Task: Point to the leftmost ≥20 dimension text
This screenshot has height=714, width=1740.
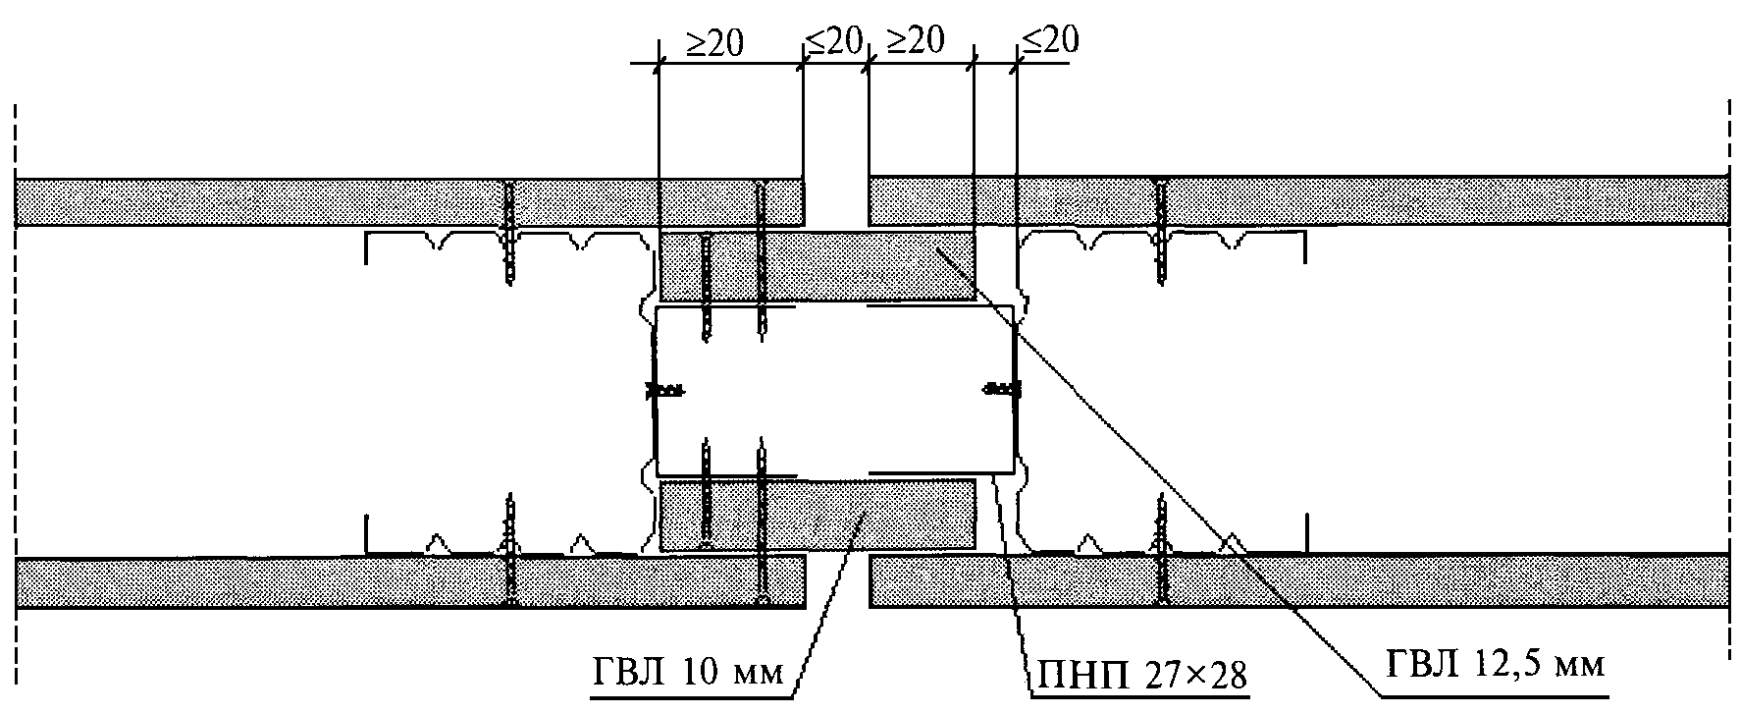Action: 714,42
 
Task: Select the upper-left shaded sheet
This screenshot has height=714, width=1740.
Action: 294,201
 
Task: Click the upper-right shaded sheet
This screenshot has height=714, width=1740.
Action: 1374,201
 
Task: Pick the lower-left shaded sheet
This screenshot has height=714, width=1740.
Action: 294,581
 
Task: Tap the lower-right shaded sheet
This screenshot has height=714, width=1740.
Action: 1374,581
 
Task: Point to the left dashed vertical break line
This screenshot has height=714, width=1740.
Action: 16,393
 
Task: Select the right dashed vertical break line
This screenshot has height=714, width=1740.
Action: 1730,393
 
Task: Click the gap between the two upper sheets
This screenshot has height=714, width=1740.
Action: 836,201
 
